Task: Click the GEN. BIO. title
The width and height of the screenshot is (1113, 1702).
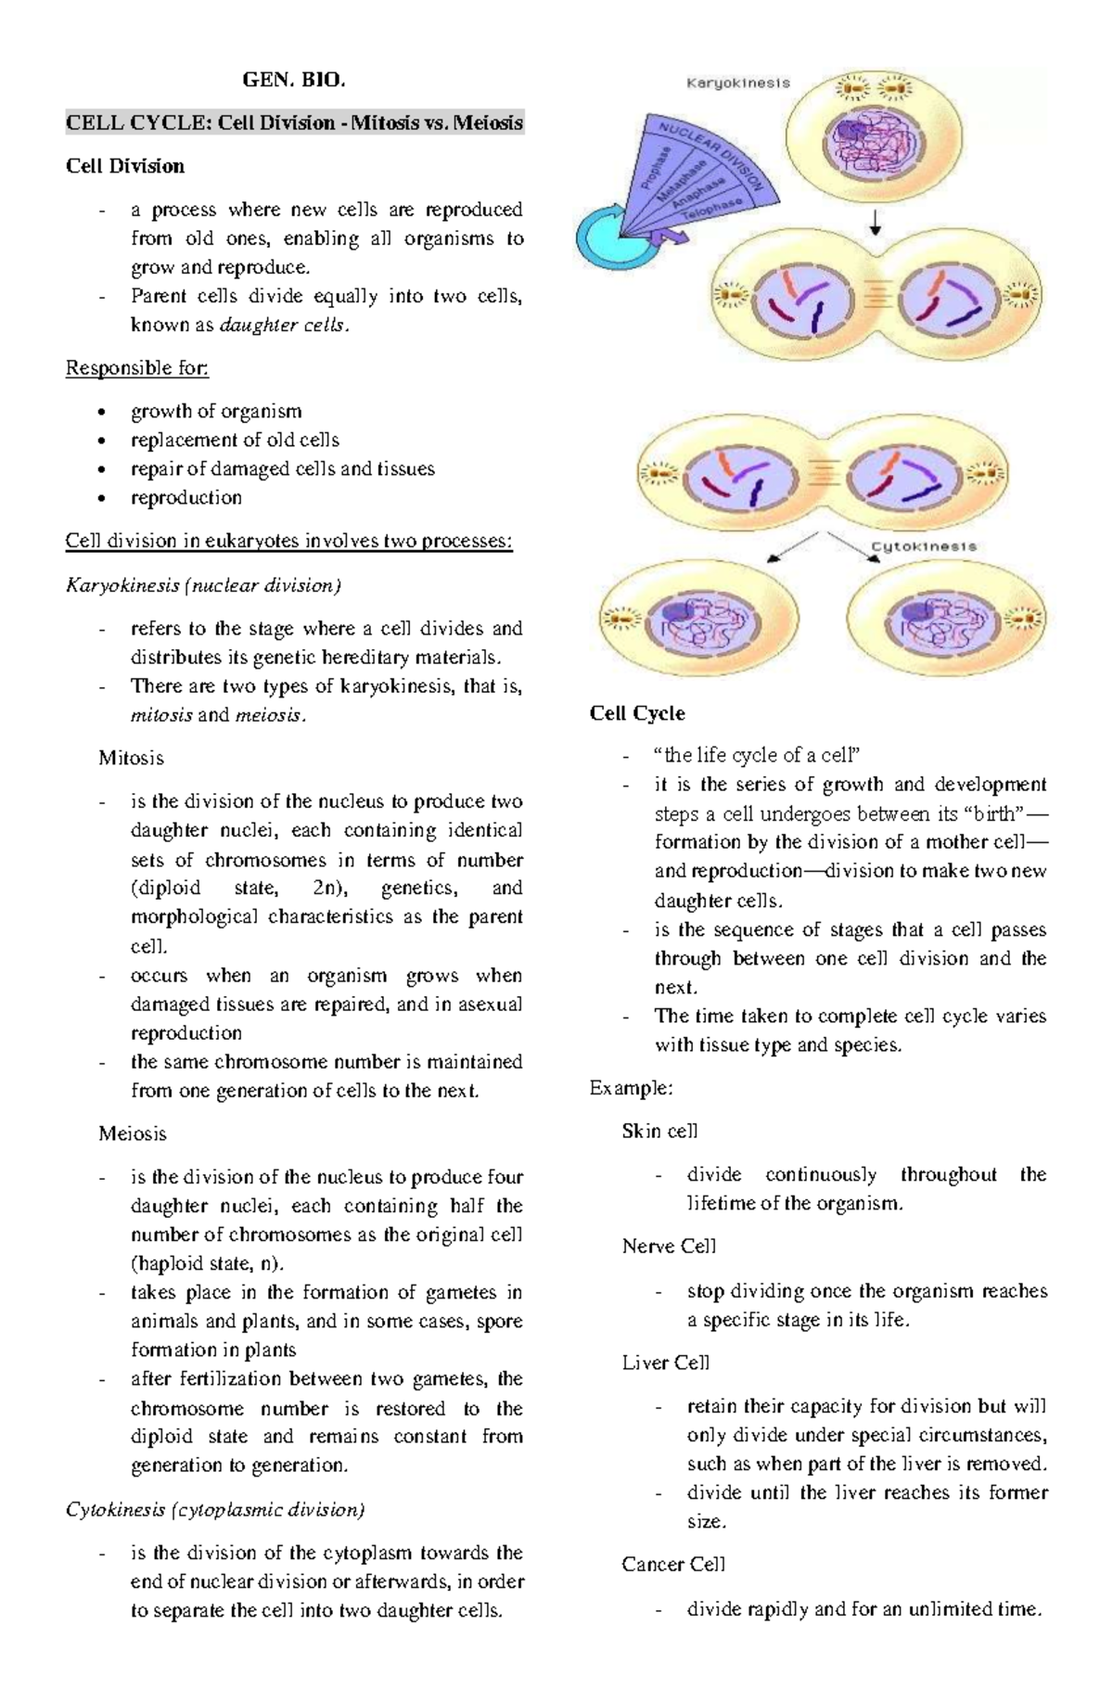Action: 293,80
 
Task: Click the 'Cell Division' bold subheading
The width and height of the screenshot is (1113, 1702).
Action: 125,166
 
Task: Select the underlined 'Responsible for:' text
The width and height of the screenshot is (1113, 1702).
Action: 137,368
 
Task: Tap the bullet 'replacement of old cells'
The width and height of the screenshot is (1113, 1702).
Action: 235,440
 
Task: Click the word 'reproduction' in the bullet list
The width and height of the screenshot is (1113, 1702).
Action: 186,497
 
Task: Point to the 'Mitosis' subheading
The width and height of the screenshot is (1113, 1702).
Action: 131,758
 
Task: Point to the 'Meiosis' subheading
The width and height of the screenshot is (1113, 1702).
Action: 133,1133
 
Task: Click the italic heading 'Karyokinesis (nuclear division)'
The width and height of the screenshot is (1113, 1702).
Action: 203,585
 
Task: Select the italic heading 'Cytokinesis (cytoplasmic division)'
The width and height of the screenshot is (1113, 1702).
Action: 215,1509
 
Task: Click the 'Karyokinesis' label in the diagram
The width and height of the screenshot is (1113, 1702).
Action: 737,83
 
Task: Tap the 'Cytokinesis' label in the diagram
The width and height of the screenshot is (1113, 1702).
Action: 923,546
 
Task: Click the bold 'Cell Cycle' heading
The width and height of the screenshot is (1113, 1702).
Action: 637,713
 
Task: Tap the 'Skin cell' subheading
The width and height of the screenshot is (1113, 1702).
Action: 659,1131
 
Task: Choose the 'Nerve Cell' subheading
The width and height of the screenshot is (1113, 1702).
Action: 669,1247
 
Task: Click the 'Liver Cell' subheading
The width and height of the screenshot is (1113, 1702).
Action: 665,1363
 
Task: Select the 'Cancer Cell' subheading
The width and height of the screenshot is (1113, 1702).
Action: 673,1564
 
